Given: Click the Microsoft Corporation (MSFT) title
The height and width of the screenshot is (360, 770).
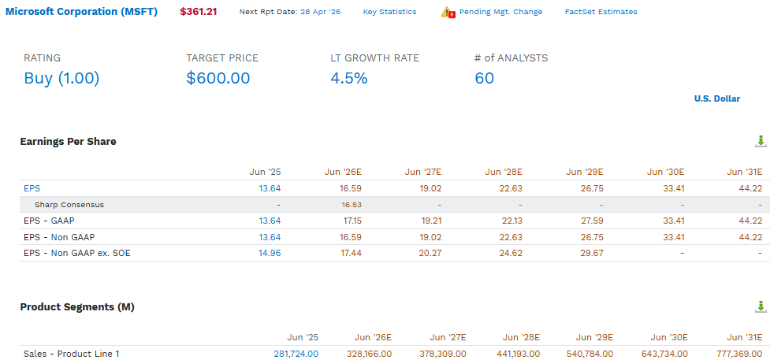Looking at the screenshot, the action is pos(81,12).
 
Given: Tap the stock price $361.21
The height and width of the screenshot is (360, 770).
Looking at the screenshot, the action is pos(199,12).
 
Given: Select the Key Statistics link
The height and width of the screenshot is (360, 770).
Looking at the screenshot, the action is pos(389,12).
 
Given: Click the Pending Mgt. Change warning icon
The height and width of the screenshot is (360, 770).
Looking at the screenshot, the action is pos(448,13).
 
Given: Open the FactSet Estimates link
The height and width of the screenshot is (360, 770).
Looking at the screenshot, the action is pos(601,12).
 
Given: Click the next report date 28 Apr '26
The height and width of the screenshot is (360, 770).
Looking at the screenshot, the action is pos(320,12).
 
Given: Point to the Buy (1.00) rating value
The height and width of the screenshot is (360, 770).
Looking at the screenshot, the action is pos(61,78).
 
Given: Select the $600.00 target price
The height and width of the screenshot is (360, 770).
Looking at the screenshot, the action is pos(218,78).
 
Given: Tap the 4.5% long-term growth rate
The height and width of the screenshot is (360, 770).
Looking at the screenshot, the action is pos(348,78).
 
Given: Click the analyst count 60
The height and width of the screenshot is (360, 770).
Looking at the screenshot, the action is pos(484,78).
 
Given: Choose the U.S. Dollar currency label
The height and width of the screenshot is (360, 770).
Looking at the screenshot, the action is pos(717,98).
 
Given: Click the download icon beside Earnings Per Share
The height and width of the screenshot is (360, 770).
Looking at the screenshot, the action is pos(761,142).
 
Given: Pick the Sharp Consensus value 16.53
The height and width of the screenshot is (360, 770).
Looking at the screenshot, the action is pos(352,205).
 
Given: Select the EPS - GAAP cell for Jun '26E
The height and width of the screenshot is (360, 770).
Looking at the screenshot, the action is pos(352,221).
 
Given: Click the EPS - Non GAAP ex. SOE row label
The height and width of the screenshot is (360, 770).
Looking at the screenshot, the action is pos(77,254).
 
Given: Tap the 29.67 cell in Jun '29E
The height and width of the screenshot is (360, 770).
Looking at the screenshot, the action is pos(593,254).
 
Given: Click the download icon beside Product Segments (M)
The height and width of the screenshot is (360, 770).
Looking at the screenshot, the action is pos(761,307).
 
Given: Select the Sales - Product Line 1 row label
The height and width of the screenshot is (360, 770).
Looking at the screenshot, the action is pos(72,354).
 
